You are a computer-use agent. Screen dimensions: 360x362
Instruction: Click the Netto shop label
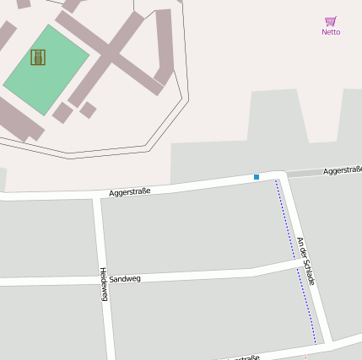pyautogui.click(x=331, y=32)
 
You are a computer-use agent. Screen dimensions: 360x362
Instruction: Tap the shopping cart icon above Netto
pyautogui.click(x=331, y=21)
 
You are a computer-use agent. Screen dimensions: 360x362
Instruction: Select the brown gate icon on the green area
pyautogui.click(x=38, y=57)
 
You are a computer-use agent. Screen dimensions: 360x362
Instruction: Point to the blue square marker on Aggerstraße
pyautogui.click(x=257, y=177)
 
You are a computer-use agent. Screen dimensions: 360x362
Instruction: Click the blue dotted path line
pyautogui.click(x=295, y=261)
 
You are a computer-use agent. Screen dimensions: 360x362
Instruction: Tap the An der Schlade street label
pyautogui.click(x=305, y=261)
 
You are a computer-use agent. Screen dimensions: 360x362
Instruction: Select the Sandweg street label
pyautogui.click(x=125, y=277)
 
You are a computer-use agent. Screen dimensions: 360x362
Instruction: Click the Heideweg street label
pyautogui.click(x=104, y=287)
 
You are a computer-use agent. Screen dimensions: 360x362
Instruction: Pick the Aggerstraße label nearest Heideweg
pyautogui.click(x=130, y=192)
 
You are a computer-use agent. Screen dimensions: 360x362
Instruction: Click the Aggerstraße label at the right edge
pyautogui.click(x=342, y=170)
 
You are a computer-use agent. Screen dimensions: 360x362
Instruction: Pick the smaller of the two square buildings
pyautogui.click(x=88, y=110)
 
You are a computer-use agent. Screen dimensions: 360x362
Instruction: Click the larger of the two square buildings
pyautogui.click(x=62, y=112)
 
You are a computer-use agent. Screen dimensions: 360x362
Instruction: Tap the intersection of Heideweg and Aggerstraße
pyautogui.click(x=97, y=196)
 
